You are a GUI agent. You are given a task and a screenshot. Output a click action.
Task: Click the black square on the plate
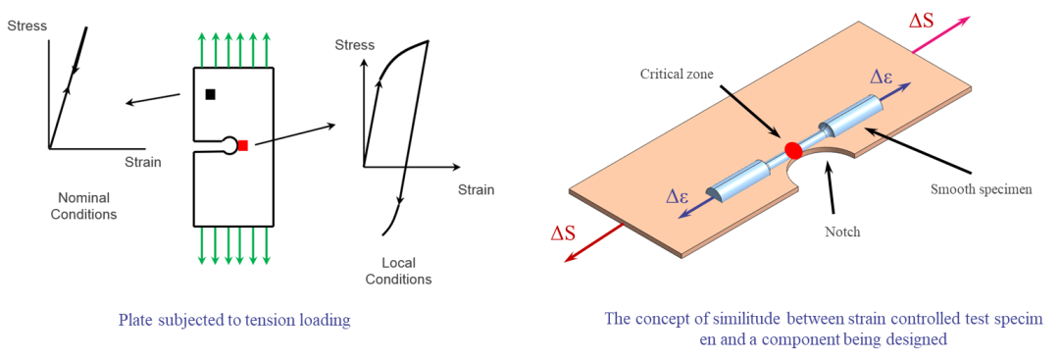click(x=210, y=94)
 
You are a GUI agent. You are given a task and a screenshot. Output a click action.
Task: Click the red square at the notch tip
click(x=243, y=144)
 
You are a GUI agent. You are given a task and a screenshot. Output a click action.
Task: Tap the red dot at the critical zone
click(x=792, y=148)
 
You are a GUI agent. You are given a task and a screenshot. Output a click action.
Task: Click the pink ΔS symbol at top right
click(x=921, y=21)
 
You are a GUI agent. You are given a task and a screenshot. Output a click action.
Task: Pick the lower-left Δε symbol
click(x=678, y=196)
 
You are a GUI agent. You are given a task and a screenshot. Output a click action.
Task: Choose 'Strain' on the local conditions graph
click(x=477, y=190)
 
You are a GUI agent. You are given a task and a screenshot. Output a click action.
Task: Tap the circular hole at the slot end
click(x=230, y=144)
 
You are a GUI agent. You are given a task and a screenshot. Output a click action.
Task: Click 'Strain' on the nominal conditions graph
click(x=143, y=162)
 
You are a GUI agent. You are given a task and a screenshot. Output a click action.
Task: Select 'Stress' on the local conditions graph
click(x=355, y=46)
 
